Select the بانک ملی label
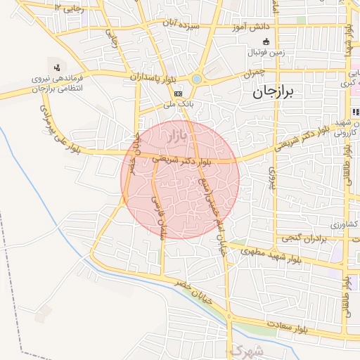(178, 104)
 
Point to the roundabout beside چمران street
(197, 79)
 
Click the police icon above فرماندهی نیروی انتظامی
(56, 66)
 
